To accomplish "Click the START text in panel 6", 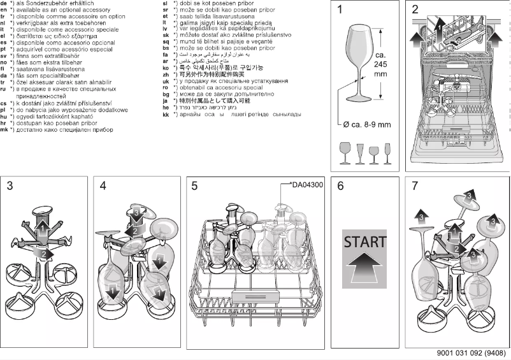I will coord(364,242).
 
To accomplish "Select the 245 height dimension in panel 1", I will coord(380,64).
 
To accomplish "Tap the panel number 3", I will coord(10,186).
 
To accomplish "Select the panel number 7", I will coord(415,186).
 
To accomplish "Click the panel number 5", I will coord(194,186).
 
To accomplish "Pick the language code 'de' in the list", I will coord(4,3).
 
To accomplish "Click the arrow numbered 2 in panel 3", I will coord(43,253).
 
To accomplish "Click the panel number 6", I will coord(340,186).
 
